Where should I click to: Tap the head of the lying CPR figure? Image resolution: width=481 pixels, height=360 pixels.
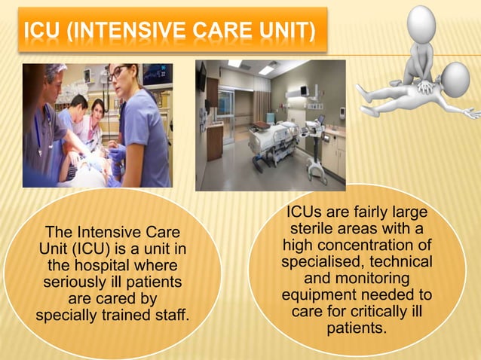(x=455, y=77)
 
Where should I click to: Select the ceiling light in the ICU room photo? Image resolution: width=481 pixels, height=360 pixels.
(x=267, y=69)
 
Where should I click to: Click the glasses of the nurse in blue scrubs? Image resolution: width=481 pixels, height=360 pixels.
(x=121, y=74)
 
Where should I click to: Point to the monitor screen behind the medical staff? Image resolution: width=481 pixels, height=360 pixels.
(x=157, y=74)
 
